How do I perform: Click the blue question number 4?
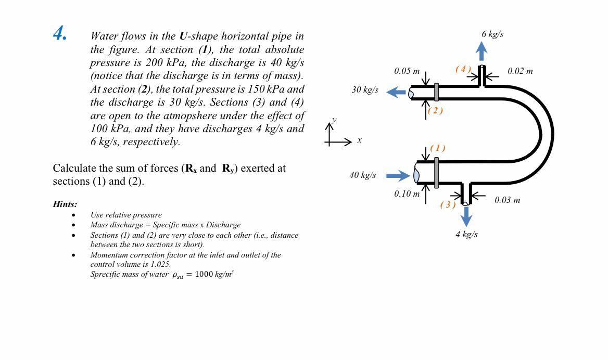(x=60, y=33)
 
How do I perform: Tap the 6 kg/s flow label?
(x=492, y=34)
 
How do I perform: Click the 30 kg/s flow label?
(x=364, y=90)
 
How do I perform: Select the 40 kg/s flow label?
(x=362, y=175)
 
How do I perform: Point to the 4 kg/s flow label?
(x=466, y=235)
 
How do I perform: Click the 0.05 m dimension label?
(x=407, y=71)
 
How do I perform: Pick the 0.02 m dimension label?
(x=520, y=71)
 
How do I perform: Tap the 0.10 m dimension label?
(x=407, y=194)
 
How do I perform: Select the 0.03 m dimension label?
(x=507, y=200)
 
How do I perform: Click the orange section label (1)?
(x=437, y=148)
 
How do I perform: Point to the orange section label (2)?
(x=435, y=110)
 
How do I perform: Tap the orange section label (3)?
(x=448, y=204)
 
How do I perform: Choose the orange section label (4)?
(x=463, y=69)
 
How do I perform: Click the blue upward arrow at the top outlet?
(x=482, y=51)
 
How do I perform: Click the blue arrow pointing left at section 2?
(x=396, y=92)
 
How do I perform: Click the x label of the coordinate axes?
(x=359, y=140)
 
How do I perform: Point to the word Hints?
(x=65, y=204)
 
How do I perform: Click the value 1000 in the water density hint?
(x=204, y=275)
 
